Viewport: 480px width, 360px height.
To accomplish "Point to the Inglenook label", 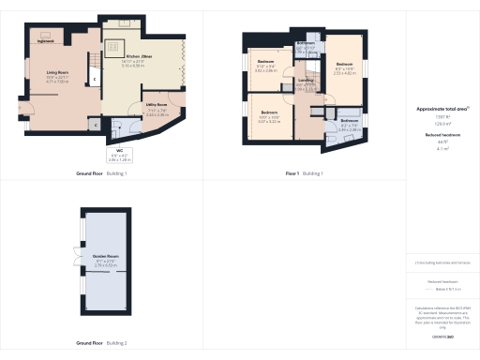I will (46, 42).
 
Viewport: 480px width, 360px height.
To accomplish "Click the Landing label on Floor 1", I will (306, 82).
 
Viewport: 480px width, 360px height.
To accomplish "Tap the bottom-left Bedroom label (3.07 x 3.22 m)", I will (269, 115).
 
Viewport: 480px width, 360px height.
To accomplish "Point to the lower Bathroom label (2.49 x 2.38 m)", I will (349, 123).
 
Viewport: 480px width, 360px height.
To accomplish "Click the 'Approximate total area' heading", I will (442, 110).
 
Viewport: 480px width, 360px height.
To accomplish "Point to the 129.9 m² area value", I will (442, 123).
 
